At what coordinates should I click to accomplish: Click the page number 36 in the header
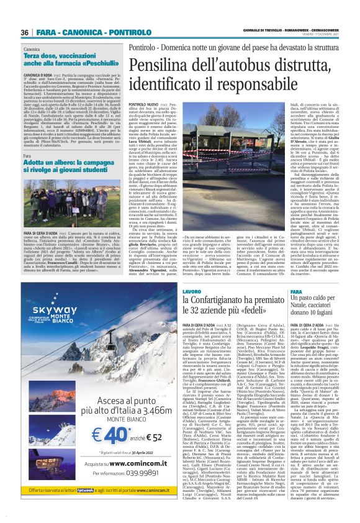point(25,32)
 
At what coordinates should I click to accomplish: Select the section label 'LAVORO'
point(192,291)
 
